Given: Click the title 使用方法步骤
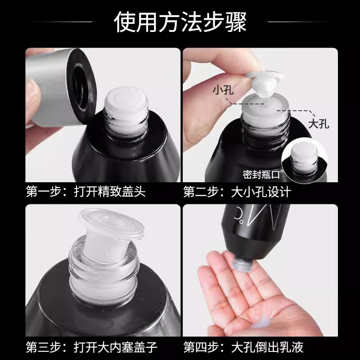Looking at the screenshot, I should click(180, 22).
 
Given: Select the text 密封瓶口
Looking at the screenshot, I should click(261, 173).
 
